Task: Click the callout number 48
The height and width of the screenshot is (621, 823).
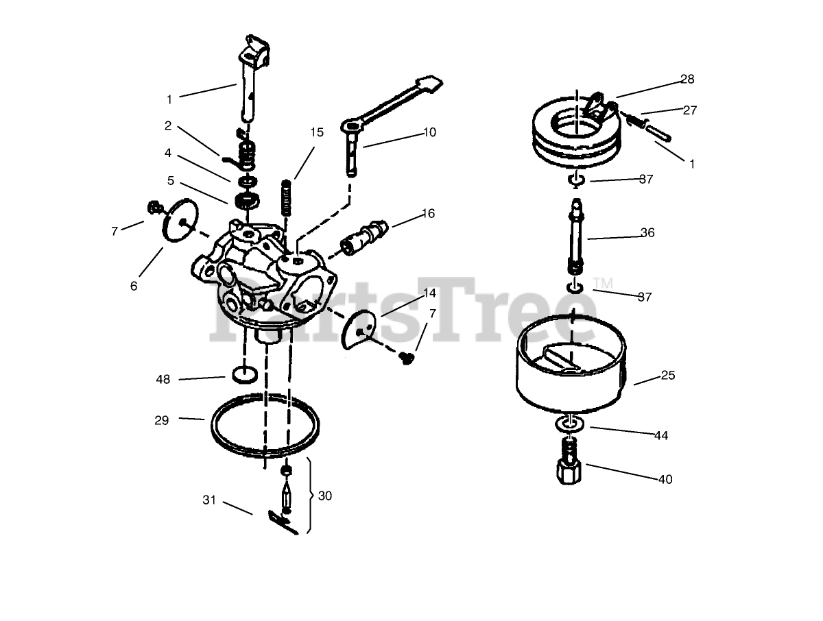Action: click(163, 380)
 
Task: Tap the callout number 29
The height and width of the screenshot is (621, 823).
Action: click(162, 420)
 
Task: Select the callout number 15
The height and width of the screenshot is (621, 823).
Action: click(317, 132)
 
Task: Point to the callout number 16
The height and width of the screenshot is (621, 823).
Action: click(428, 213)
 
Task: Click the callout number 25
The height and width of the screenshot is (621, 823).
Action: click(668, 376)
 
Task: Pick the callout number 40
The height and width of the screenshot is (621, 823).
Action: click(665, 479)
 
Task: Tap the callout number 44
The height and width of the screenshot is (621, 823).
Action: click(661, 436)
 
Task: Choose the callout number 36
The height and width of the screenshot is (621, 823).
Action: click(647, 232)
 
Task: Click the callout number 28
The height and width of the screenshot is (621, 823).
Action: click(687, 79)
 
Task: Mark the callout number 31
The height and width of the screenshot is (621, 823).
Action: click(209, 500)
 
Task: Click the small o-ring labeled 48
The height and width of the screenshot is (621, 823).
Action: click(245, 375)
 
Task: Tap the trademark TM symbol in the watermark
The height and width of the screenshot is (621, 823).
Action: click(603, 284)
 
